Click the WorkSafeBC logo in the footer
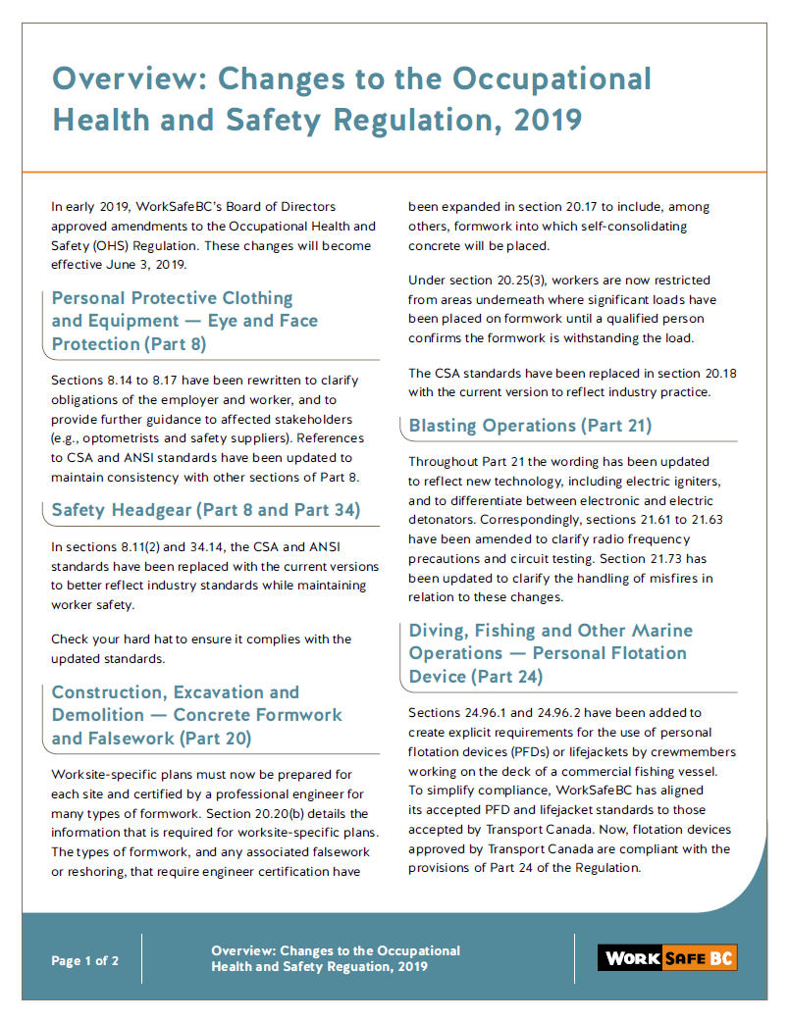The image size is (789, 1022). pyautogui.click(x=666, y=958)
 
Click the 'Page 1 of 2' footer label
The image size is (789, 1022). pyautogui.click(x=85, y=961)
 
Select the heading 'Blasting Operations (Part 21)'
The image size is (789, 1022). pyautogui.click(x=530, y=426)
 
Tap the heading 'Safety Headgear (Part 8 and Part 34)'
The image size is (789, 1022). pyautogui.click(x=206, y=510)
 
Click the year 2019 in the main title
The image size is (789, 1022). pyautogui.click(x=547, y=120)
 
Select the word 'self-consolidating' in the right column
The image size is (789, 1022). pyautogui.click(x=631, y=227)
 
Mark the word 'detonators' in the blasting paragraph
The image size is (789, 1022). pyautogui.click(x=442, y=519)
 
